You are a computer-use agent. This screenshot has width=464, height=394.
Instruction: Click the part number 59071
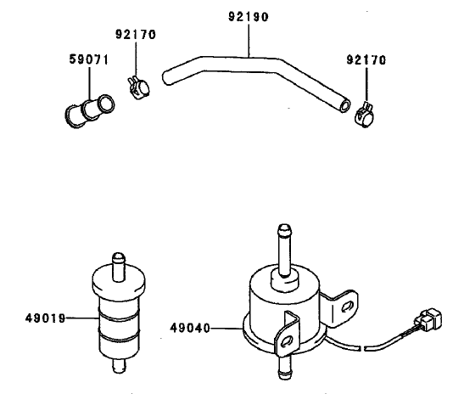click(87, 60)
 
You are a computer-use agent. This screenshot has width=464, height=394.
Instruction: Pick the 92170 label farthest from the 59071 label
click(366, 60)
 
